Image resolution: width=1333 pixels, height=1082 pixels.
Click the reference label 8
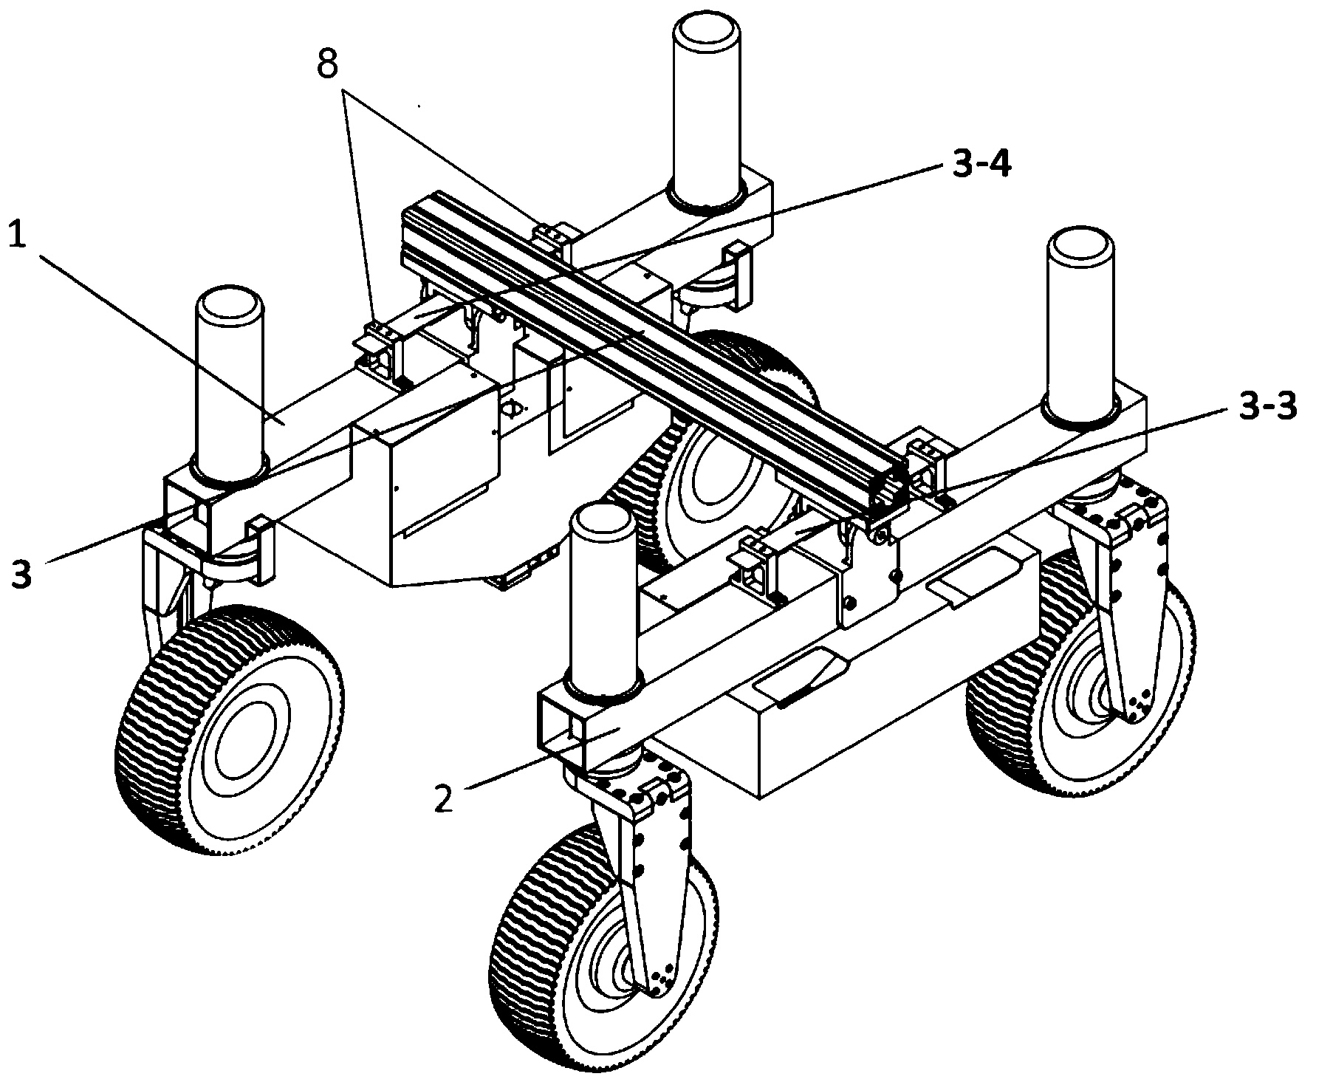(327, 66)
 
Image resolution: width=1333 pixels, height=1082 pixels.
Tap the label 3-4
(980, 165)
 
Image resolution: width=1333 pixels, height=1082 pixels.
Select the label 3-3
(1265, 408)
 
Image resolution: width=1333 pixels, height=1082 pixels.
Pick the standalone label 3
(21, 573)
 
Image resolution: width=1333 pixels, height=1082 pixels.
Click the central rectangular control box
(436, 473)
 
